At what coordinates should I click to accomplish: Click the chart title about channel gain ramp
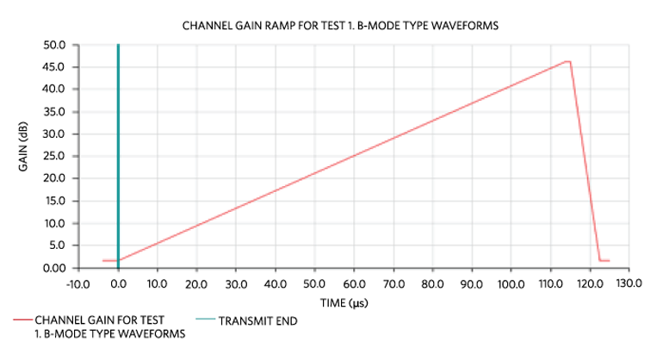coord(341,26)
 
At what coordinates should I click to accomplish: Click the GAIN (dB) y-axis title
coord(24,156)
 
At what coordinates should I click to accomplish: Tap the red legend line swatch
coord(22,321)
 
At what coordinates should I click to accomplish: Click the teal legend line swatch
coord(205,321)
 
